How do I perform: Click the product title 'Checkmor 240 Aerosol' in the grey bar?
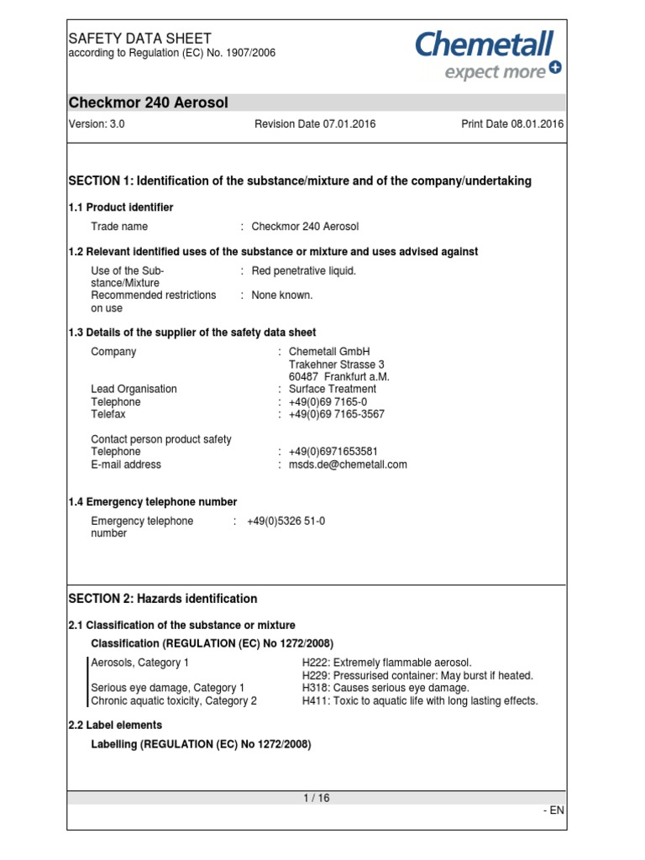[x=148, y=102]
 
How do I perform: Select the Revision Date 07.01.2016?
[x=315, y=124]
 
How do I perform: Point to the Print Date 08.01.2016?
[x=512, y=124]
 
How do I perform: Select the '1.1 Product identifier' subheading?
[x=120, y=207]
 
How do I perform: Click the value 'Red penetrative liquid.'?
[x=304, y=270]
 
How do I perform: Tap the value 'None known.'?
[x=282, y=295]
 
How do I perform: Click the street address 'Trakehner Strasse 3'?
[x=336, y=364]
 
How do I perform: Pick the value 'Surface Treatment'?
[x=333, y=389]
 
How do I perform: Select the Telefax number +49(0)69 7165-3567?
[x=338, y=414]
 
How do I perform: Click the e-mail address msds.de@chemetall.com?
[x=348, y=464]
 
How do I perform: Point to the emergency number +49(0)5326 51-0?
[x=286, y=521]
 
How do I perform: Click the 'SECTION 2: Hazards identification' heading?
[x=162, y=599]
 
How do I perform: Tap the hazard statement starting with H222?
[x=386, y=663]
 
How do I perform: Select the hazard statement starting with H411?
[x=419, y=700]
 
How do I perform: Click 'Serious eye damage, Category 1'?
[x=168, y=688]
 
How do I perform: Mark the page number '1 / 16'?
[x=317, y=799]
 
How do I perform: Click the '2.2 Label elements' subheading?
[x=115, y=725]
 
